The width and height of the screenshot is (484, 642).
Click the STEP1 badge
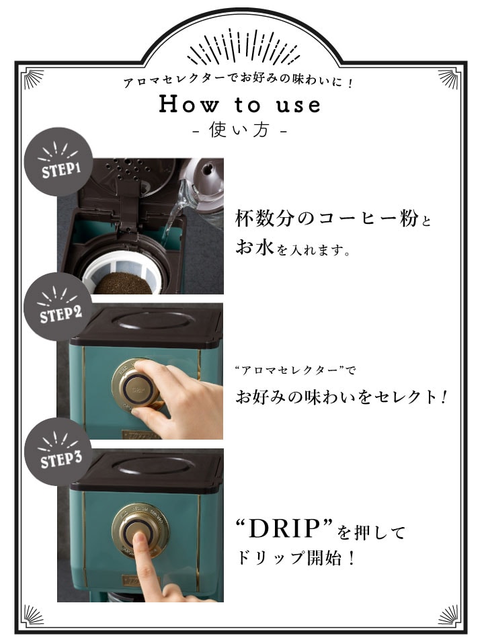tap(58, 161)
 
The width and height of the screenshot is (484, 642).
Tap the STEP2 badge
tap(58, 307)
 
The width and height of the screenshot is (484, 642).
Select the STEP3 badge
tap(58, 452)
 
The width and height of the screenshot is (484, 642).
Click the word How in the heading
tap(188, 104)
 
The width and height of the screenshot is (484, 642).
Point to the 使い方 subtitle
tap(239, 130)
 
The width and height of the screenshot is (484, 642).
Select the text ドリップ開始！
tap(295, 558)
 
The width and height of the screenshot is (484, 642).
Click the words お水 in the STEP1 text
tap(255, 247)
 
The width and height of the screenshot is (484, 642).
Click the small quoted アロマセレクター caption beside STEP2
tap(295, 370)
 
